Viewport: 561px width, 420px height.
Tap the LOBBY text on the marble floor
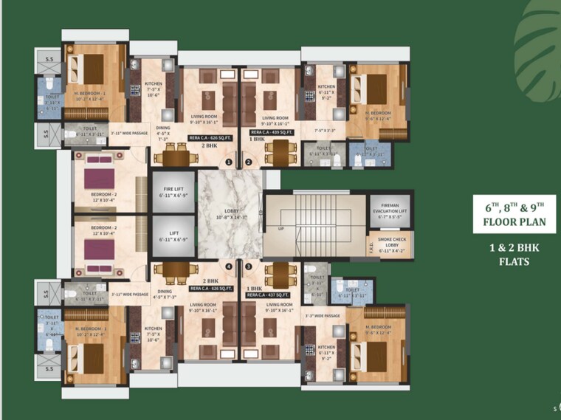coord(229,212)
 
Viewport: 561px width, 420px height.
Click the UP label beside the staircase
coord(280,229)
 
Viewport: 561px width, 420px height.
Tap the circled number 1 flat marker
coord(229,162)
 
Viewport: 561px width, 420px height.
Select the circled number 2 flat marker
coord(249,162)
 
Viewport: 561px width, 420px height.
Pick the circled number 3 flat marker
coord(249,266)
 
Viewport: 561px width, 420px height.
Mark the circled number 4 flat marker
coord(229,266)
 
